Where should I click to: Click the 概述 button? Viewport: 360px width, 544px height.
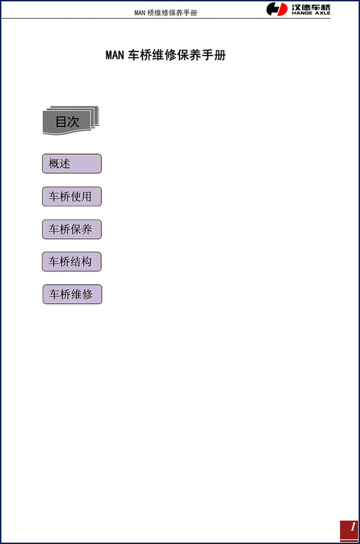click(72, 164)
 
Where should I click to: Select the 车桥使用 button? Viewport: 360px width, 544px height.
click(72, 196)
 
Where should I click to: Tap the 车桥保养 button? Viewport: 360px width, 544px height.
click(72, 229)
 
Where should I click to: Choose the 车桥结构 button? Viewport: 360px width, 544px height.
click(72, 262)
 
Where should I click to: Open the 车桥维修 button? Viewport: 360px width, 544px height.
click(72, 294)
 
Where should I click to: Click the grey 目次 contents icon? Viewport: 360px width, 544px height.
click(71, 120)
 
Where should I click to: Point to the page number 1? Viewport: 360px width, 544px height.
click(353, 526)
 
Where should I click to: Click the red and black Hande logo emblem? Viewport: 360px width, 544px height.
click(277, 9)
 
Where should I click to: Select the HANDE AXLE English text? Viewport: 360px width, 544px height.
click(310, 13)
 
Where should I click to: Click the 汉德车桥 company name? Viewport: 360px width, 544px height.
click(310, 7)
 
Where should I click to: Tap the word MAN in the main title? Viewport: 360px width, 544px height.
click(115, 55)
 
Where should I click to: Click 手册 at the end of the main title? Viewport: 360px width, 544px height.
click(214, 55)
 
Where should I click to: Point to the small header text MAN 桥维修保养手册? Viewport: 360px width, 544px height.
click(166, 13)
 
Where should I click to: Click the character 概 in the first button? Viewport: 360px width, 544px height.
click(54, 164)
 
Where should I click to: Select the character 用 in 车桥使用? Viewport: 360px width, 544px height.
click(86, 196)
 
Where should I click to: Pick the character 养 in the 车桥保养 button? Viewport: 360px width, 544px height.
click(86, 229)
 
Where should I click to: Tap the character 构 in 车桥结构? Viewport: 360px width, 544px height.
click(86, 262)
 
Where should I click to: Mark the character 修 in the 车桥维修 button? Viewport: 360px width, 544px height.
click(87, 294)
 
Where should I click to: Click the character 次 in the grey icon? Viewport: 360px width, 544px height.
click(73, 121)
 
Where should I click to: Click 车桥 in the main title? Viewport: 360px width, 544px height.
click(140, 55)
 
